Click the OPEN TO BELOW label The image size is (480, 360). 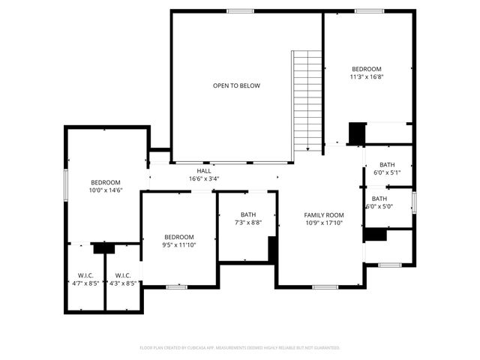click(236, 85)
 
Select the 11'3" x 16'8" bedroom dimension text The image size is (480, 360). click(367, 76)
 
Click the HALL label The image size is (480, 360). click(204, 171)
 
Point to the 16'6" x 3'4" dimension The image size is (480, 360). click(204, 179)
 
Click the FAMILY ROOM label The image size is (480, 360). click(324, 215)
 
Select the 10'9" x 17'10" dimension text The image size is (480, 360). click(324, 223)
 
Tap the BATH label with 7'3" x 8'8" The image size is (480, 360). click(248, 214)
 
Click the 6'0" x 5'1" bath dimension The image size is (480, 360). click(387, 173)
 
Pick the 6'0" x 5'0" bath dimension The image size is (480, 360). click(379, 207)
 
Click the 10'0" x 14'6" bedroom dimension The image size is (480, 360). click(106, 190)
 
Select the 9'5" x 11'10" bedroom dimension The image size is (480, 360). click(179, 244)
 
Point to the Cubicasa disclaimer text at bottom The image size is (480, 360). click(240, 348)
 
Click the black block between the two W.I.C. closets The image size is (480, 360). click(103, 247)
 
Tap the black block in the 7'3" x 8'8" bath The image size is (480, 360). click(273, 250)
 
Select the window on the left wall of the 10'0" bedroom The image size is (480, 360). click(66, 184)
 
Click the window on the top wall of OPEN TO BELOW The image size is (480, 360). click(240, 10)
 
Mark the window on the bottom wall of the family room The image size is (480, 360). click(325, 286)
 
